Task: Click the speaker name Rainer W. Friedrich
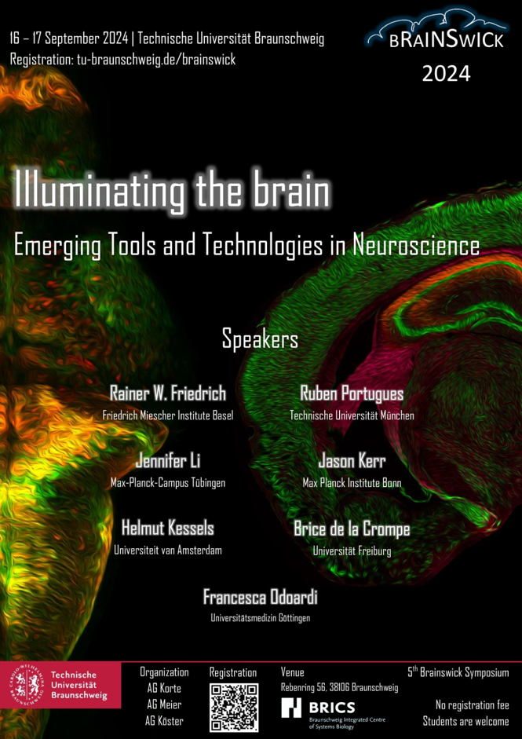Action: tap(168, 393)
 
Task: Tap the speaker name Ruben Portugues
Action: tap(352, 393)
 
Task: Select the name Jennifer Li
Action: tap(168, 461)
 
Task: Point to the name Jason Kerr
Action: tap(352, 461)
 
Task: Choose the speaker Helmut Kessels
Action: tap(168, 529)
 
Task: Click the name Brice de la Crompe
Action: tap(352, 529)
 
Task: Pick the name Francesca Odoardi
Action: tap(260, 597)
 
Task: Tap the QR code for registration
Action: tap(234, 708)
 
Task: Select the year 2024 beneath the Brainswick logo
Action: tap(446, 74)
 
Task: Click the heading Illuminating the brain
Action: tap(172, 189)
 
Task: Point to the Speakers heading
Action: tap(260, 340)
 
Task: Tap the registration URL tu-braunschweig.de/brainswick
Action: tap(156, 60)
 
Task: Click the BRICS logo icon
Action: tap(291, 708)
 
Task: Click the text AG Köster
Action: tap(164, 721)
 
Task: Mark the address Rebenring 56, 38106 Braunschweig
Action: tap(339, 688)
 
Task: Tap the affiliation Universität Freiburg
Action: tap(352, 551)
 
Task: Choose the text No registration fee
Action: tap(473, 705)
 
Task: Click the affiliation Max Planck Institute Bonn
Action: tap(352, 483)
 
